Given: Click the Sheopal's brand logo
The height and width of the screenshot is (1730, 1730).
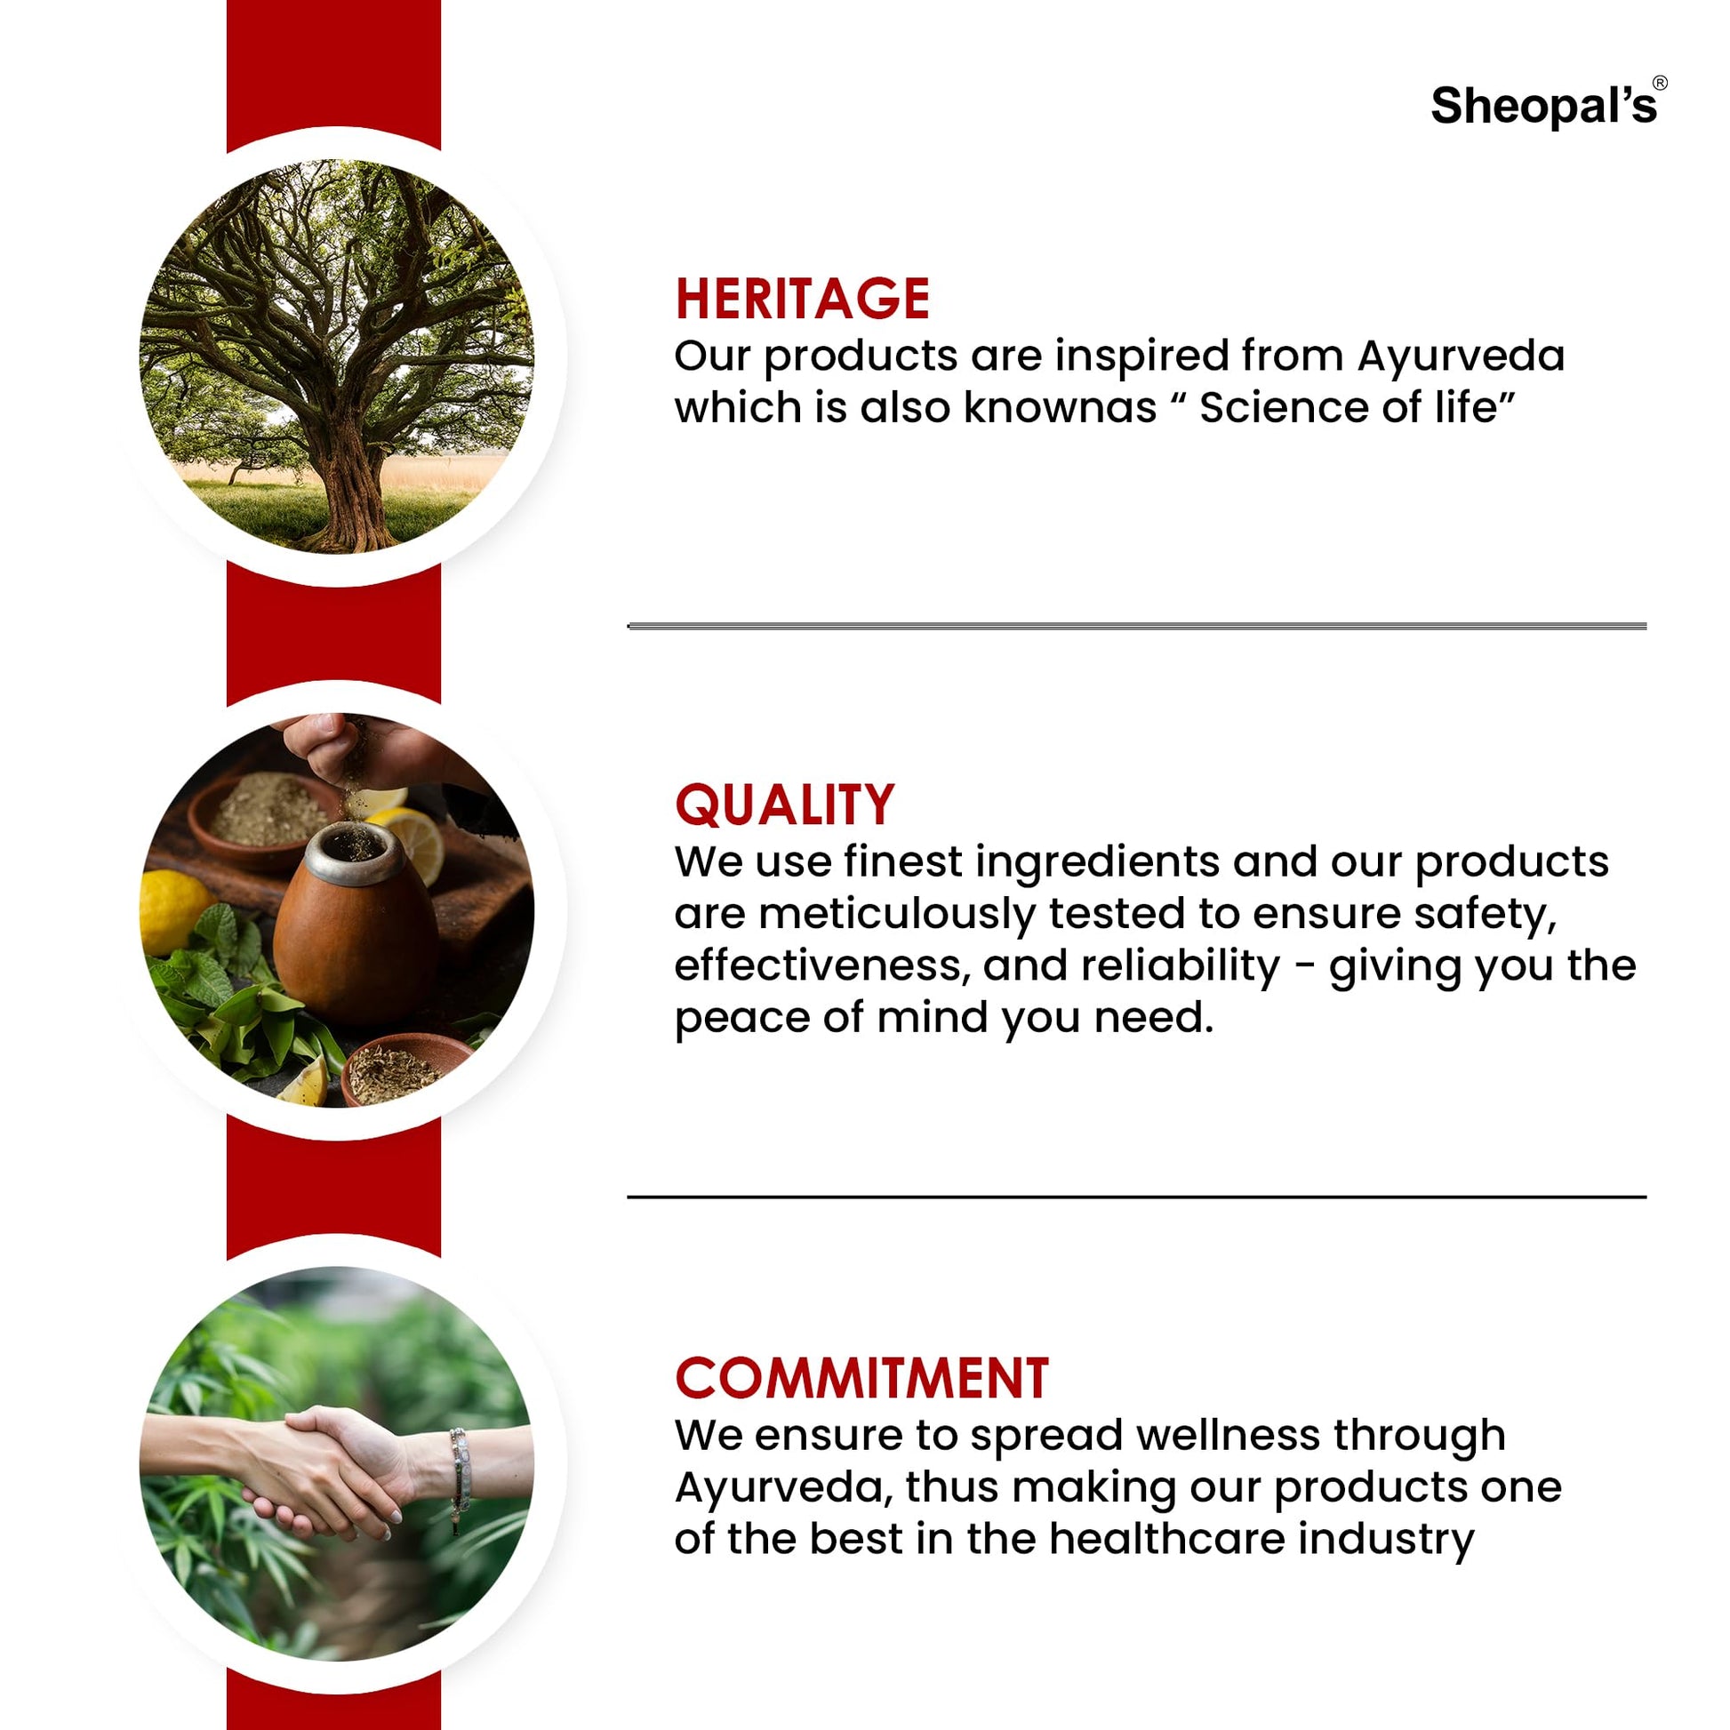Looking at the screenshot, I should pyautogui.click(x=1542, y=107).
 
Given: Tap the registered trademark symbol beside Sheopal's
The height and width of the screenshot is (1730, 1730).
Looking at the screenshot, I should pyautogui.click(x=1659, y=84).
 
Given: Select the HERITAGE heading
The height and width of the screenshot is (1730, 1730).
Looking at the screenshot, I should pyautogui.click(x=801, y=298).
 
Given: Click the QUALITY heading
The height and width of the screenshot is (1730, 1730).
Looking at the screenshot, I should pyautogui.click(x=784, y=805).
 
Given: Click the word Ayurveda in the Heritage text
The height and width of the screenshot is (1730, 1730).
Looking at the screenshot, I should pyautogui.click(x=1461, y=356).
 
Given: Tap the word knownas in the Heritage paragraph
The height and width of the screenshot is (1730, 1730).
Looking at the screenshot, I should pyautogui.click(x=1060, y=408).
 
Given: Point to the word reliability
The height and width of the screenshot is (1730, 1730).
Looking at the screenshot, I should pyautogui.click(x=1181, y=965).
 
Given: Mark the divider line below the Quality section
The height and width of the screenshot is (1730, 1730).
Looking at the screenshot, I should pyautogui.click(x=1136, y=1197).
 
